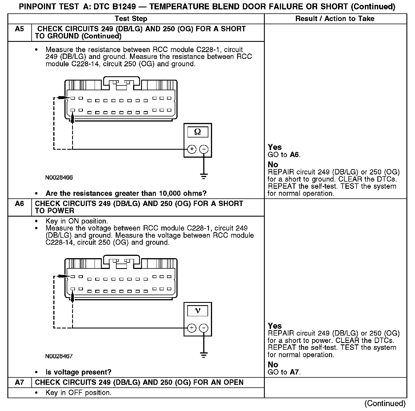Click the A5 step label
point(19,29)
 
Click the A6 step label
point(19,204)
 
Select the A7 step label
point(19,382)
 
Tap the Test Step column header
point(131,19)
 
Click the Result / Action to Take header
point(335,19)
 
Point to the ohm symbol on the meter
point(198,132)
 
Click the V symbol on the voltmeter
point(198,311)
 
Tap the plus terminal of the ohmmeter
point(192,149)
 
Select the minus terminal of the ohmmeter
point(204,149)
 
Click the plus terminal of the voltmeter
point(192,328)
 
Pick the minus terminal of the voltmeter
point(204,328)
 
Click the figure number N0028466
point(59,178)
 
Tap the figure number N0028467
point(59,356)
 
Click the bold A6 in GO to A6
point(294,155)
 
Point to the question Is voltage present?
point(78,372)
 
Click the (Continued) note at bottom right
point(385,403)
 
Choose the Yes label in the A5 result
point(275,147)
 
